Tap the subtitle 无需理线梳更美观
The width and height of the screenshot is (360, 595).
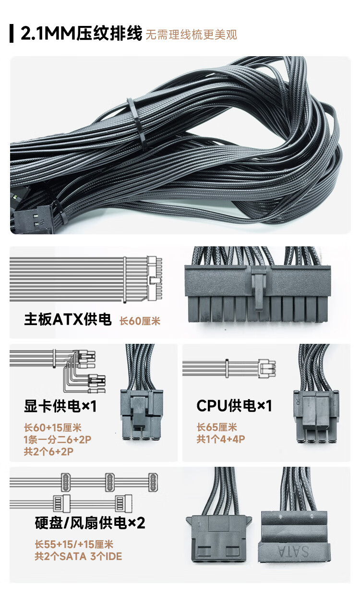[191, 35]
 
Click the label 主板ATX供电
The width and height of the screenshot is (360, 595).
[68, 320]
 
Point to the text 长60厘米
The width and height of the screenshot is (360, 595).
[140, 321]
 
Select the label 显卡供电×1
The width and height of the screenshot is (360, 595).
[60, 407]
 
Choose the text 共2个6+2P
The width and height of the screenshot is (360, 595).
[48, 451]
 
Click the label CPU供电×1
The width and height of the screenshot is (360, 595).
[234, 406]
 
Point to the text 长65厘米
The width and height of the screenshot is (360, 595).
[216, 427]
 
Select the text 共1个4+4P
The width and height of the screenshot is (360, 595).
[221, 439]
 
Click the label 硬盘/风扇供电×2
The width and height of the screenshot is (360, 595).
[90, 522]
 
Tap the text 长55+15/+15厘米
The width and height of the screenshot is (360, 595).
[73, 545]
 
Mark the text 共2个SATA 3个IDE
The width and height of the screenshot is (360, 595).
[78, 557]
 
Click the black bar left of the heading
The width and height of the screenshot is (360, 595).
[12, 34]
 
